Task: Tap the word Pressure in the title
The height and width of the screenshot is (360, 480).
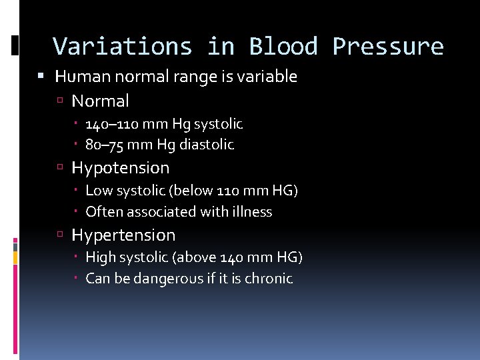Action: [x=388, y=47]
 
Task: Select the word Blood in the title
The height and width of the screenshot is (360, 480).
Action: [x=283, y=47]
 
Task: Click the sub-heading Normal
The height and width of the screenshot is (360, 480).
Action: [x=100, y=101]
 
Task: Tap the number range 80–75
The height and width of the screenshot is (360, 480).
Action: [x=105, y=145]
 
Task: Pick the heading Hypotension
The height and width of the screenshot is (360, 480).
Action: [x=121, y=168]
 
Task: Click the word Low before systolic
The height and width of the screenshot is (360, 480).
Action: [x=99, y=191]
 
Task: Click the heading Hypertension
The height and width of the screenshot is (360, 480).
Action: [x=123, y=235]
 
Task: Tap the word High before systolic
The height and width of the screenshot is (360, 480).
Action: [x=101, y=258]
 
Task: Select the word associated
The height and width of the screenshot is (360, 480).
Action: [x=157, y=212]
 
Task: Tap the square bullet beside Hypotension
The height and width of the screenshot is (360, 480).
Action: [x=61, y=169]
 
